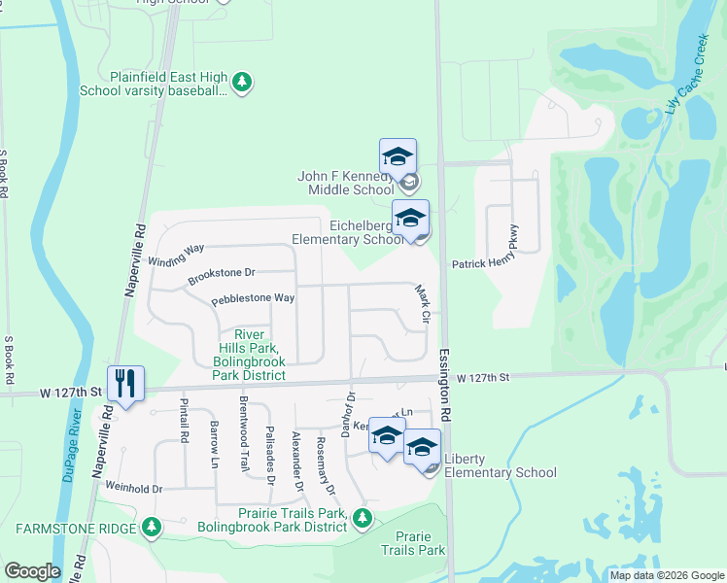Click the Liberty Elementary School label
pyautogui.click(x=500, y=465)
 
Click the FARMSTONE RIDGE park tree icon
pyautogui.click(x=151, y=527)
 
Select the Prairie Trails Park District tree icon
pyautogui.click(x=363, y=517)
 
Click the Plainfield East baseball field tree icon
pyautogui.click(x=242, y=84)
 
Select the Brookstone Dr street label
pyautogui.click(x=221, y=277)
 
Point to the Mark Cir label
pyautogui.click(x=423, y=303)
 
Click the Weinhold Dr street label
pyautogui.click(x=133, y=488)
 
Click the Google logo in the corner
pyautogui.click(x=32, y=571)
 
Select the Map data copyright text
pyautogui.click(x=667, y=575)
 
